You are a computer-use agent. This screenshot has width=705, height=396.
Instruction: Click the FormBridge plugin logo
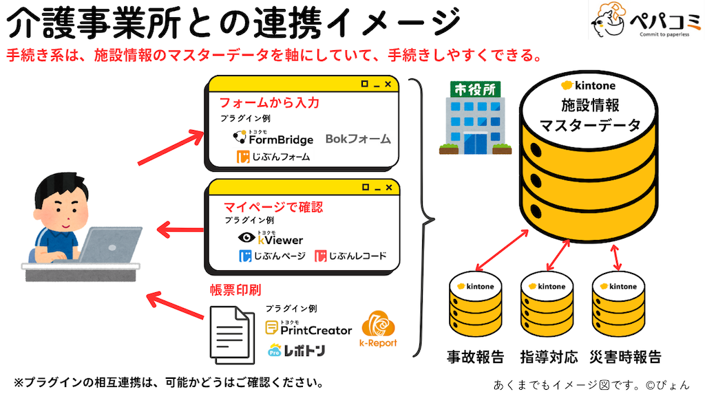[273, 137]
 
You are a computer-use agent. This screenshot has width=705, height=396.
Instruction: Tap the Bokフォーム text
[358, 139]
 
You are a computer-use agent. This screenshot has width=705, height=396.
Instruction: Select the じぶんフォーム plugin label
[273, 157]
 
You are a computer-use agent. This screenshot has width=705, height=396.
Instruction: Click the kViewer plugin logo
[270, 238]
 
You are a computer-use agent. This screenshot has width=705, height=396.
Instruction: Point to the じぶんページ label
[272, 256]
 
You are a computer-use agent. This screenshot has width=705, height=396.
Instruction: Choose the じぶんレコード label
[350, 256]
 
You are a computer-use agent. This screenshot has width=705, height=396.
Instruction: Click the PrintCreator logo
[308, 328]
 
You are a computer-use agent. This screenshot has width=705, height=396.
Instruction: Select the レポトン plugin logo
[296, 350]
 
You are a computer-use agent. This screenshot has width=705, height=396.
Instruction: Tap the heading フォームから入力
[269, 103]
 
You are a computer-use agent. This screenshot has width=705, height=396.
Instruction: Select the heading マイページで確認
[273, 206]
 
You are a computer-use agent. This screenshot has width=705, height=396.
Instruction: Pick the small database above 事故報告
[476, 302]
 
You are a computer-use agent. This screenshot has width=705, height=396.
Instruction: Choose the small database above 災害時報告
[618, 302]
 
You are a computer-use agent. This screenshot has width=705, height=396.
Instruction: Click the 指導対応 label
[549, 357]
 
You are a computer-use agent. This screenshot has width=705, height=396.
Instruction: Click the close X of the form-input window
[388, 85]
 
